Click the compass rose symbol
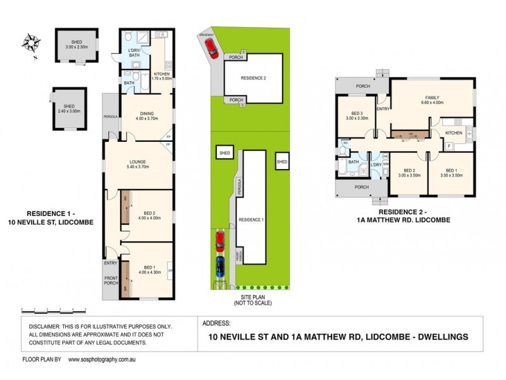(x=31, y=44)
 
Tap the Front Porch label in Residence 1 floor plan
(x=111, y=281)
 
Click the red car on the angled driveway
(x=214, y=50)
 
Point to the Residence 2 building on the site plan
(x=253, y=78)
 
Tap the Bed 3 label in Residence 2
(x=355, y=115)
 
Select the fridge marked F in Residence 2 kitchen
(x=448, y=146)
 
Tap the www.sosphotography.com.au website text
(x=101, y=359)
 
